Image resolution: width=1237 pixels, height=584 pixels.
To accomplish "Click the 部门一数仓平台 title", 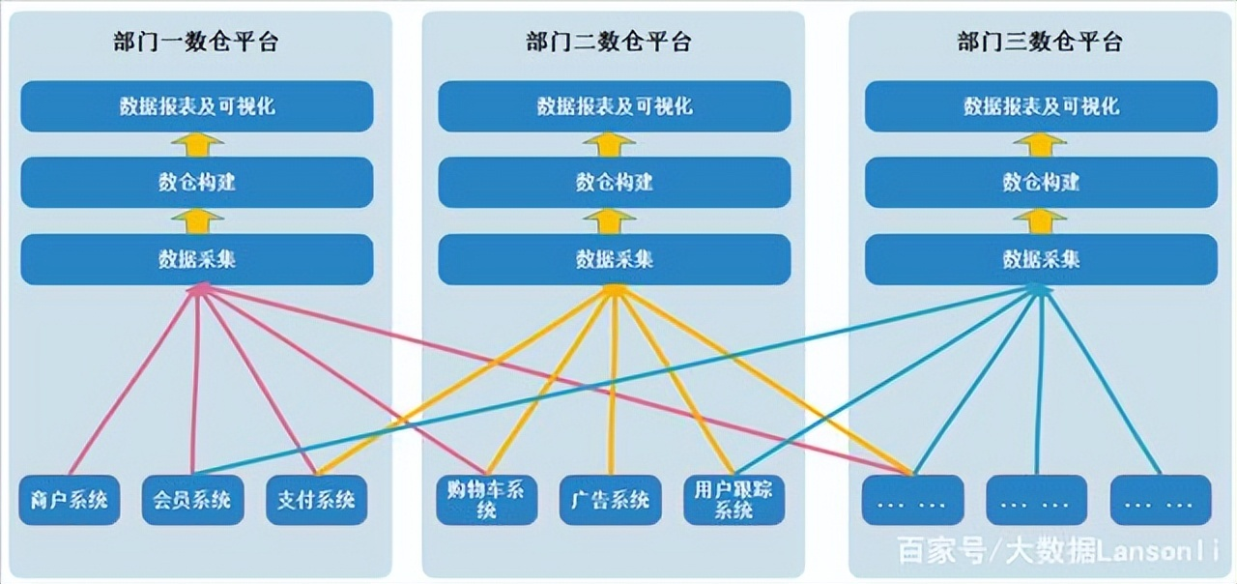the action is [x=196, y=42].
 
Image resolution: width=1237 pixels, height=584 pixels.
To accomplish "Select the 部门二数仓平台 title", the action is [x=609, y=42].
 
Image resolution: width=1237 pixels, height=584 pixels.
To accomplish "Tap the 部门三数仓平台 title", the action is [x=1040, y=42].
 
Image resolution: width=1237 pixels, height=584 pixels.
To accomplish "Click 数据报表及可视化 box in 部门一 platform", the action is [x=196, y=105].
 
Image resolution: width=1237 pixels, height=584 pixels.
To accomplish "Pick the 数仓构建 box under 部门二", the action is [x=614, y=182].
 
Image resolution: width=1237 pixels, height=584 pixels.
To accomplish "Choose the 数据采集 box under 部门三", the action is [x=1040, y=259].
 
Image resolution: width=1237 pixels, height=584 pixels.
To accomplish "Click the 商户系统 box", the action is [x=69, y=500].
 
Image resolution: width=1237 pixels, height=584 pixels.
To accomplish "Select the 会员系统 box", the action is [x=192, y=500].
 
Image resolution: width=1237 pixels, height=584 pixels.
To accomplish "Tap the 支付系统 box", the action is [x=316, y=500].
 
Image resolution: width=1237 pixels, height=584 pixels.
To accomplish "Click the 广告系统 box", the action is [x=610, y=500].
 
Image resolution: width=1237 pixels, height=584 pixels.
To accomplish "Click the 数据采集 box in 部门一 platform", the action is [x=196, y=259].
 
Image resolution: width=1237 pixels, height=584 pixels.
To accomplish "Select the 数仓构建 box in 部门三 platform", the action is [x=1040, y=182].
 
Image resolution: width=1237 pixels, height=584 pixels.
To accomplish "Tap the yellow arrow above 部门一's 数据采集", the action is [x=197, y=220].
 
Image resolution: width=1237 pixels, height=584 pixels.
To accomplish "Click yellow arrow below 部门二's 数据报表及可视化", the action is [x=610, y=143].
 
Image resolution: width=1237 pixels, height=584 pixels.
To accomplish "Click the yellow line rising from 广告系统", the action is [x=612, y=387].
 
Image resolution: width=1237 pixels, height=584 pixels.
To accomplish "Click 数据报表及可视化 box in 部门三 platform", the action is [x=1040, y=105].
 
